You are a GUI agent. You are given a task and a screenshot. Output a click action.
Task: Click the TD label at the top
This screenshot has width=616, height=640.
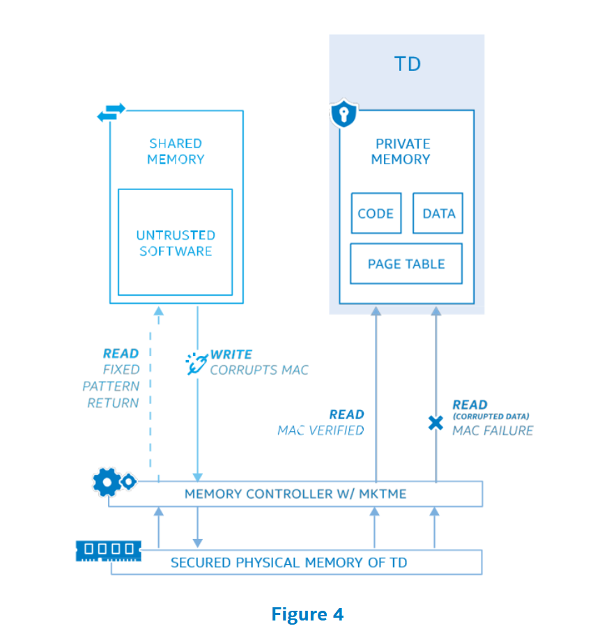[408, 65]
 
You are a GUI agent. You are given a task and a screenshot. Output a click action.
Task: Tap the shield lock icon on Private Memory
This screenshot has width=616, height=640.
[344, 114]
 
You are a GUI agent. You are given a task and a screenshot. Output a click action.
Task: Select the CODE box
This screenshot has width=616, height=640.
[376, 214]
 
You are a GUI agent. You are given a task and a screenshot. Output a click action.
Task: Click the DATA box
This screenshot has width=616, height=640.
[438, 214]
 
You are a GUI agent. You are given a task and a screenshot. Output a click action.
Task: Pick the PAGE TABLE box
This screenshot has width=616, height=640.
[406, 264]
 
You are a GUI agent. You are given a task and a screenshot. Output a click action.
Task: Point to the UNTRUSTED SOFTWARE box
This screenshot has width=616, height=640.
[175, 242]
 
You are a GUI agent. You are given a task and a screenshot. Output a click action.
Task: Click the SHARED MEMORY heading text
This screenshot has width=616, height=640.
[176, 151]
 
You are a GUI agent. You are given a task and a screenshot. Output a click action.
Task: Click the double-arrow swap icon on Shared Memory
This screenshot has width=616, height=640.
[111, 112]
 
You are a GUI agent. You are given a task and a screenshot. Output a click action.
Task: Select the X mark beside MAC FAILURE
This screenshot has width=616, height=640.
[436, 423]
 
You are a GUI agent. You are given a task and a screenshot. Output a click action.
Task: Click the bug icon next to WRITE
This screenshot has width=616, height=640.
[196, 363]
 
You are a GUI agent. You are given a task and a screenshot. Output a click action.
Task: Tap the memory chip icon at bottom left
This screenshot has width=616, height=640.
[108, 550]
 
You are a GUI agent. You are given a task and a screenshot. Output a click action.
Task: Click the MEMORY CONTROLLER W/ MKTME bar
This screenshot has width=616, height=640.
[295, 494]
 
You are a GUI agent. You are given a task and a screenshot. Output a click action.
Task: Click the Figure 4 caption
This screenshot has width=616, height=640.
[307, 614]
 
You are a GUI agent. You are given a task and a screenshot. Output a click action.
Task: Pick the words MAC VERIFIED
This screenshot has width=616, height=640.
[321, 430]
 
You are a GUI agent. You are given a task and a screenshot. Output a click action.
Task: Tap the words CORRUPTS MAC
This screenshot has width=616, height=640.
[259, 370]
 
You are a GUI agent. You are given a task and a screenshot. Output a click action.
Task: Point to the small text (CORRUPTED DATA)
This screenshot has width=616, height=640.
[491, 416]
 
